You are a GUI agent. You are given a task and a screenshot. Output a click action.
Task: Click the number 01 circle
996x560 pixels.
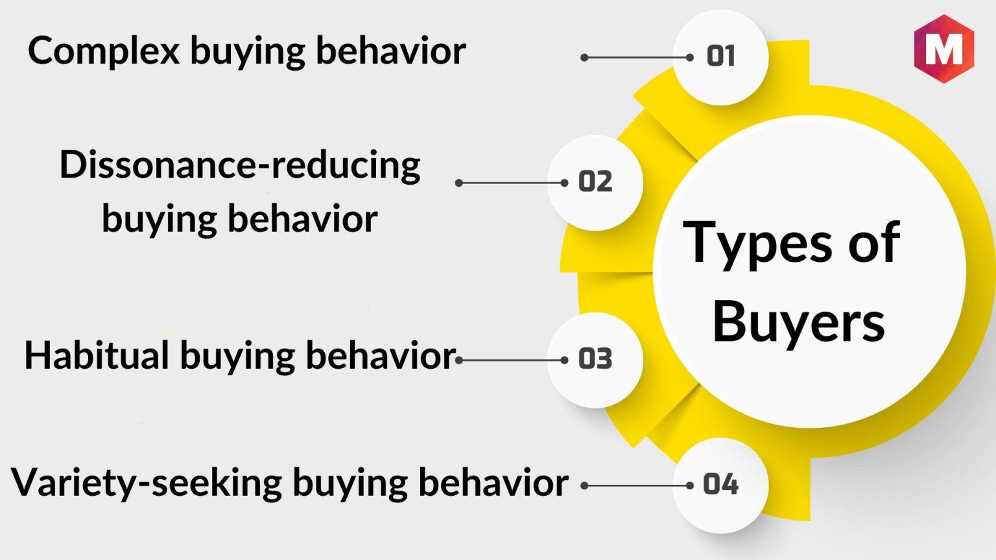(x=720, y=57)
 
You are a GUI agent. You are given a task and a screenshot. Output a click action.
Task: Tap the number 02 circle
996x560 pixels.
(x=595, y=183)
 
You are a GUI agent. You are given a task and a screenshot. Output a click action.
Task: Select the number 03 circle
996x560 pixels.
(x=595, y=360)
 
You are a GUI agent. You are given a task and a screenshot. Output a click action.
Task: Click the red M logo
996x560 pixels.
(x=944, y=49)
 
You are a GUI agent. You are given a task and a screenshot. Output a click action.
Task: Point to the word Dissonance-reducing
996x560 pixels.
(x=240, y=165)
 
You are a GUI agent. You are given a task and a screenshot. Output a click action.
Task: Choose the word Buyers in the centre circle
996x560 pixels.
(x=799, y=322)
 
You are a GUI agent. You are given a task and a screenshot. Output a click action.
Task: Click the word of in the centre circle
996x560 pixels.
(x=874, y=242)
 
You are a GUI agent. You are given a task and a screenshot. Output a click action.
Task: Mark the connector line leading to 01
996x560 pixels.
(x=637, y=57)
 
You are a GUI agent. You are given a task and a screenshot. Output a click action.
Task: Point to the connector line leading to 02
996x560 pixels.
(x=512, y=183)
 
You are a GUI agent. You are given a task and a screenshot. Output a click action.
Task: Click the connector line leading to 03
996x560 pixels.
(x=512, y=360)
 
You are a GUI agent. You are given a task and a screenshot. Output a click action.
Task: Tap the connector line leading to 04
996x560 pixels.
(x=637, y=485)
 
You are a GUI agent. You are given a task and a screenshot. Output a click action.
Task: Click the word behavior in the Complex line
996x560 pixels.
(x=391, y=50)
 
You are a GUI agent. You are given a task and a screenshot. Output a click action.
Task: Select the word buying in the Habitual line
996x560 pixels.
(x=237, y=357)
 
